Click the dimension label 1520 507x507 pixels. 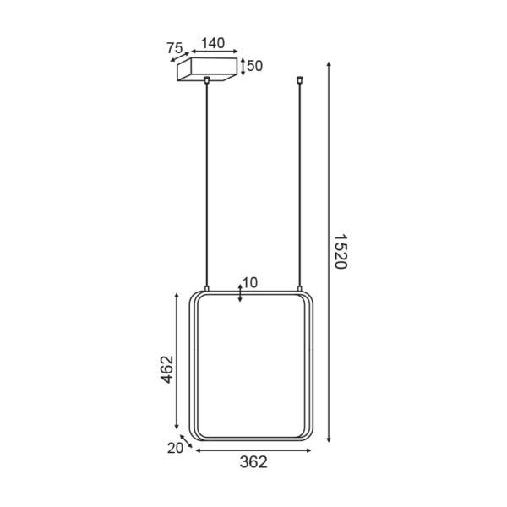point(340,252)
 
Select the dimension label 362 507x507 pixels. point(253,462)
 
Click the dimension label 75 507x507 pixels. point(174,47)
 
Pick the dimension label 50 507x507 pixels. point(256,66)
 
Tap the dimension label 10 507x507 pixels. point(250,282)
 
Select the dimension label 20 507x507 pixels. point(175,449)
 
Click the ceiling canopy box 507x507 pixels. point(207,69)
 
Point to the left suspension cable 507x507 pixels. point(207,186)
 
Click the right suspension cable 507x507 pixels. point(300,186)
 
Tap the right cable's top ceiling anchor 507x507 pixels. point(300,82)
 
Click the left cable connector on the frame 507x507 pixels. point(207,289)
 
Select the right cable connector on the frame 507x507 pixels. point(300,289)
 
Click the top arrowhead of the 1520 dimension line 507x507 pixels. point(329,64)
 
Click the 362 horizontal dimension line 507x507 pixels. point(253,450)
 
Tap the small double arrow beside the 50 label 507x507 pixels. point(243,67)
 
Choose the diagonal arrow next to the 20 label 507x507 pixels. point(186,440)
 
